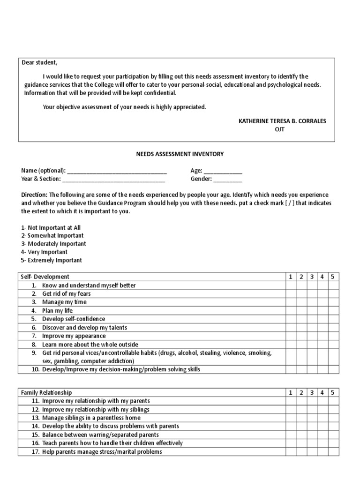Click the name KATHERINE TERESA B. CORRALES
pyautogui.click(x=282, y=121)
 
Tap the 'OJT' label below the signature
pyautogui.click(x=279, y=129)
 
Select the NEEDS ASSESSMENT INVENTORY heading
pyautogui.click(x=180, y=154)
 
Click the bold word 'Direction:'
pyautogui.click(x=35, y=195)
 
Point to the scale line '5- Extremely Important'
pyautogui.click(x=52, y=260)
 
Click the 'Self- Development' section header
pyautogui.click(x=45, y=277)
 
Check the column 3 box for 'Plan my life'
pyautogui.click(x=312, y=311)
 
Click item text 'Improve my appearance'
pyautogui.click(x=75, y=336)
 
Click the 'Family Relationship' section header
pyautogui.click(x=47, y=392)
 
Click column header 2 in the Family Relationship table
pyautogui.click(x=301, y=392)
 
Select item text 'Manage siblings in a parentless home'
pyautogui.click(x=91, y=418)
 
